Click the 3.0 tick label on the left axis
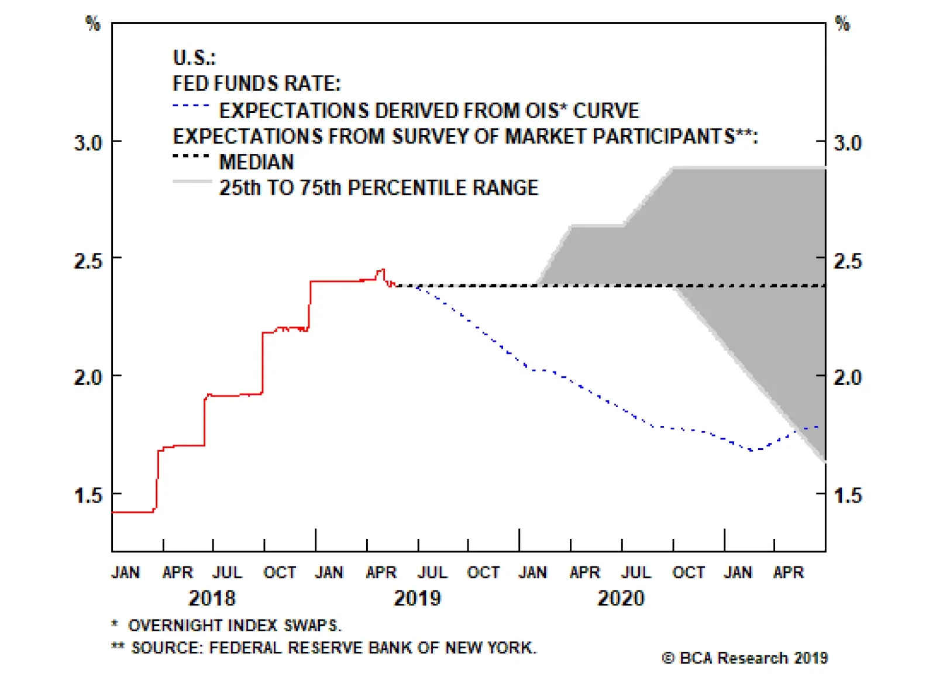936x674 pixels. (88, 143)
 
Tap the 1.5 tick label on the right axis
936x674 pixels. (848, 496)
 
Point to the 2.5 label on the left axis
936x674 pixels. (88, 260)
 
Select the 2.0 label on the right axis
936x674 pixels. (848, 377)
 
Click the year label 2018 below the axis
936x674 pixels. (212, 598)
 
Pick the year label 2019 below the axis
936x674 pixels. (417, 598)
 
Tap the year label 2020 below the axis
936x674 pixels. (621, 598)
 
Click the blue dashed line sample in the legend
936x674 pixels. (191, 106)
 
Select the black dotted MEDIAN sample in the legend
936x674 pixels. (191, 156)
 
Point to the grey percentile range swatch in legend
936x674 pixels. (192, 182)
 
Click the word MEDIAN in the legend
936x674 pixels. (256, 162)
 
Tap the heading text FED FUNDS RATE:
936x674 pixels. (256, 84)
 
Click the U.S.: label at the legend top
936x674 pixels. (194, 58)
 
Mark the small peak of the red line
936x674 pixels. (382, 270)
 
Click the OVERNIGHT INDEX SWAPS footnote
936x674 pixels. (234, 625)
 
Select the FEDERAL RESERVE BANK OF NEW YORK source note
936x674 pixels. (333, 648)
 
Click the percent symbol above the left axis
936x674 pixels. (93, 23)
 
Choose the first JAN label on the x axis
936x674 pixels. (125, 572)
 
